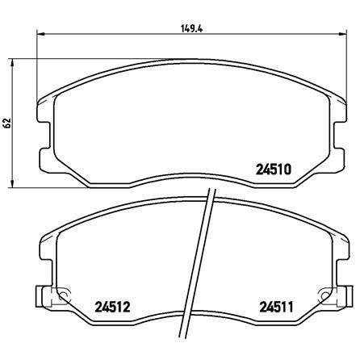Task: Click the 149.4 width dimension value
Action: pos(191,28)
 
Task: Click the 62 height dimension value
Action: pos(6,123)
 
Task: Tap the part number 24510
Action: pos(274,170)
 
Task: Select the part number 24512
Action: pos(112,307)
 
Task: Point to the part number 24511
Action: pos(276,307)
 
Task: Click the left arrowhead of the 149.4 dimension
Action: pos(40,34)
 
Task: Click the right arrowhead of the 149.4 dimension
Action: pos(343,34)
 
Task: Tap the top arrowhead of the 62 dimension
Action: pos(12,62)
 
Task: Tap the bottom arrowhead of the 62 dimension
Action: pos(12,183)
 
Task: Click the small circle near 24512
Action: pos(64,295)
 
